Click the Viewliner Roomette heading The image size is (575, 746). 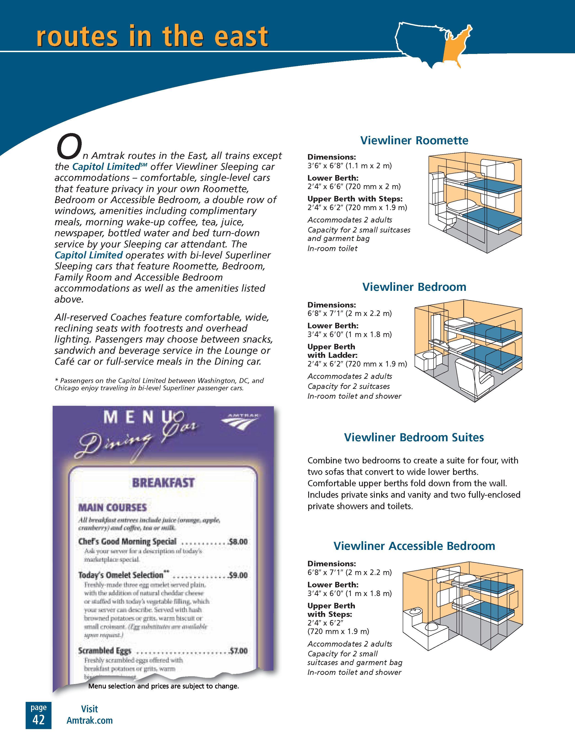coord(414,140)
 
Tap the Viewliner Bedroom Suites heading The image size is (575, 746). coord(414,438)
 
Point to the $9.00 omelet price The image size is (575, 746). coord(238,575)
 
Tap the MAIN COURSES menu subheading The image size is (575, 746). coord(113,508)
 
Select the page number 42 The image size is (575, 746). coord(38,720)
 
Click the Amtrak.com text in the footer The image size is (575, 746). coord(89,721)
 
